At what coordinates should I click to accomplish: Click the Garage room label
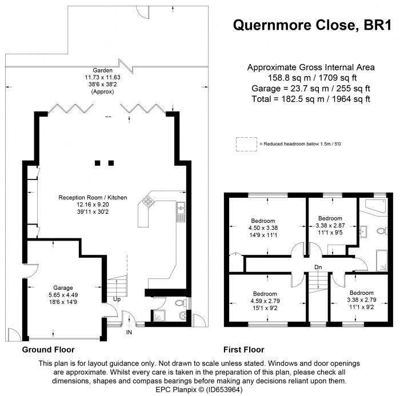pyautogui.click(x=63, y=288)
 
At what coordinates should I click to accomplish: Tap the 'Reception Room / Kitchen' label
pyautogui.click(x=93, y=198)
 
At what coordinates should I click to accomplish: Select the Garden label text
pyautogui.click(x=102, y=70)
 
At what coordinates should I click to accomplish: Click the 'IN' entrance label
pyautogui.click(x=129, y=332)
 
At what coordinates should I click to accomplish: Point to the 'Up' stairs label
pyautogui.click(x=117, y=299)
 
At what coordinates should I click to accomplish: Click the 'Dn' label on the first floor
pyautogui.click(x=318, y=267)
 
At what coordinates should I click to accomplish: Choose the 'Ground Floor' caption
pyautogui.click(x=48, y=350)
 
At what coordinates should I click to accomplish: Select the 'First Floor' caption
pyautogui.click(x=244, y=350)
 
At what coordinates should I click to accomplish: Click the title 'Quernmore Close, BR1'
pyautogui.click(x=312, y=25)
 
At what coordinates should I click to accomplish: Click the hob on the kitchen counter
pyautogui.click(x=148, y=201)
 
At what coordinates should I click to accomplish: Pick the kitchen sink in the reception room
pyautogui.click(x=181, y=208)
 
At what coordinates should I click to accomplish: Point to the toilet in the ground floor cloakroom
pyautogui.click(x=181, y=303)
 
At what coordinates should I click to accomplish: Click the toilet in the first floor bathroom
pyautogui.click(x=382, y=231)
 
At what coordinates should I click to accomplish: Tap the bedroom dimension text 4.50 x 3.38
pyautogui.click(x=263, y=228)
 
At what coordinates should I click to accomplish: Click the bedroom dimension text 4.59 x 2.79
pyautogui.click(x=265, y=301)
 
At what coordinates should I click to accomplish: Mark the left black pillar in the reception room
pyautogui.click(x=98, y=163)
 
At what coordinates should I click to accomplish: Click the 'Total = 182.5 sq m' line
pyautogui.click(x=311, y=99)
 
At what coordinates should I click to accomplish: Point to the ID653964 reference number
pyautogui.click(x=224, y=390)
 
